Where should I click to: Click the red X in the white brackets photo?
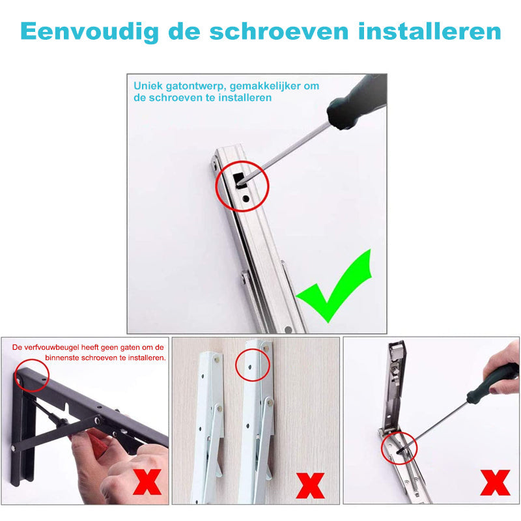click(311, 486)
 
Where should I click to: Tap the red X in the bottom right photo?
click(495, 483)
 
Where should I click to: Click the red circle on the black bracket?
click(31, 373)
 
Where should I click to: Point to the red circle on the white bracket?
click(253, 365)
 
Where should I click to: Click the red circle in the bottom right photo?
click(398, 445)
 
